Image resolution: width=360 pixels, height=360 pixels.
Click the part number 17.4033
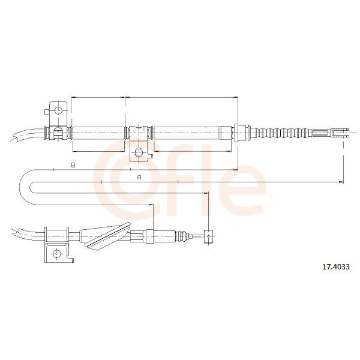[x=336, y=267]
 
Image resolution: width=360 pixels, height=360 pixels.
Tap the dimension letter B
[x=73, y=165]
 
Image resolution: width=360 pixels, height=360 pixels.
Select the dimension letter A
[x=139, y=178]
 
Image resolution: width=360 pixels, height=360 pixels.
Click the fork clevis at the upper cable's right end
[x=340, y=133]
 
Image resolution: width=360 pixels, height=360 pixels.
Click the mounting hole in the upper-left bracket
[x=58, y=110]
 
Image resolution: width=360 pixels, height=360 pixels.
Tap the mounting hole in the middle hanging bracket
[x=139, y=152]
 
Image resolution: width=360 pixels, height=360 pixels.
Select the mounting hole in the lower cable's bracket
[x=56, y=254]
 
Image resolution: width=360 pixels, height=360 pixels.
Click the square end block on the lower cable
[x=208, y=236]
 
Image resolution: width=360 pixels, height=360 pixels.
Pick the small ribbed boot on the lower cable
[x=182, y=236]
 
